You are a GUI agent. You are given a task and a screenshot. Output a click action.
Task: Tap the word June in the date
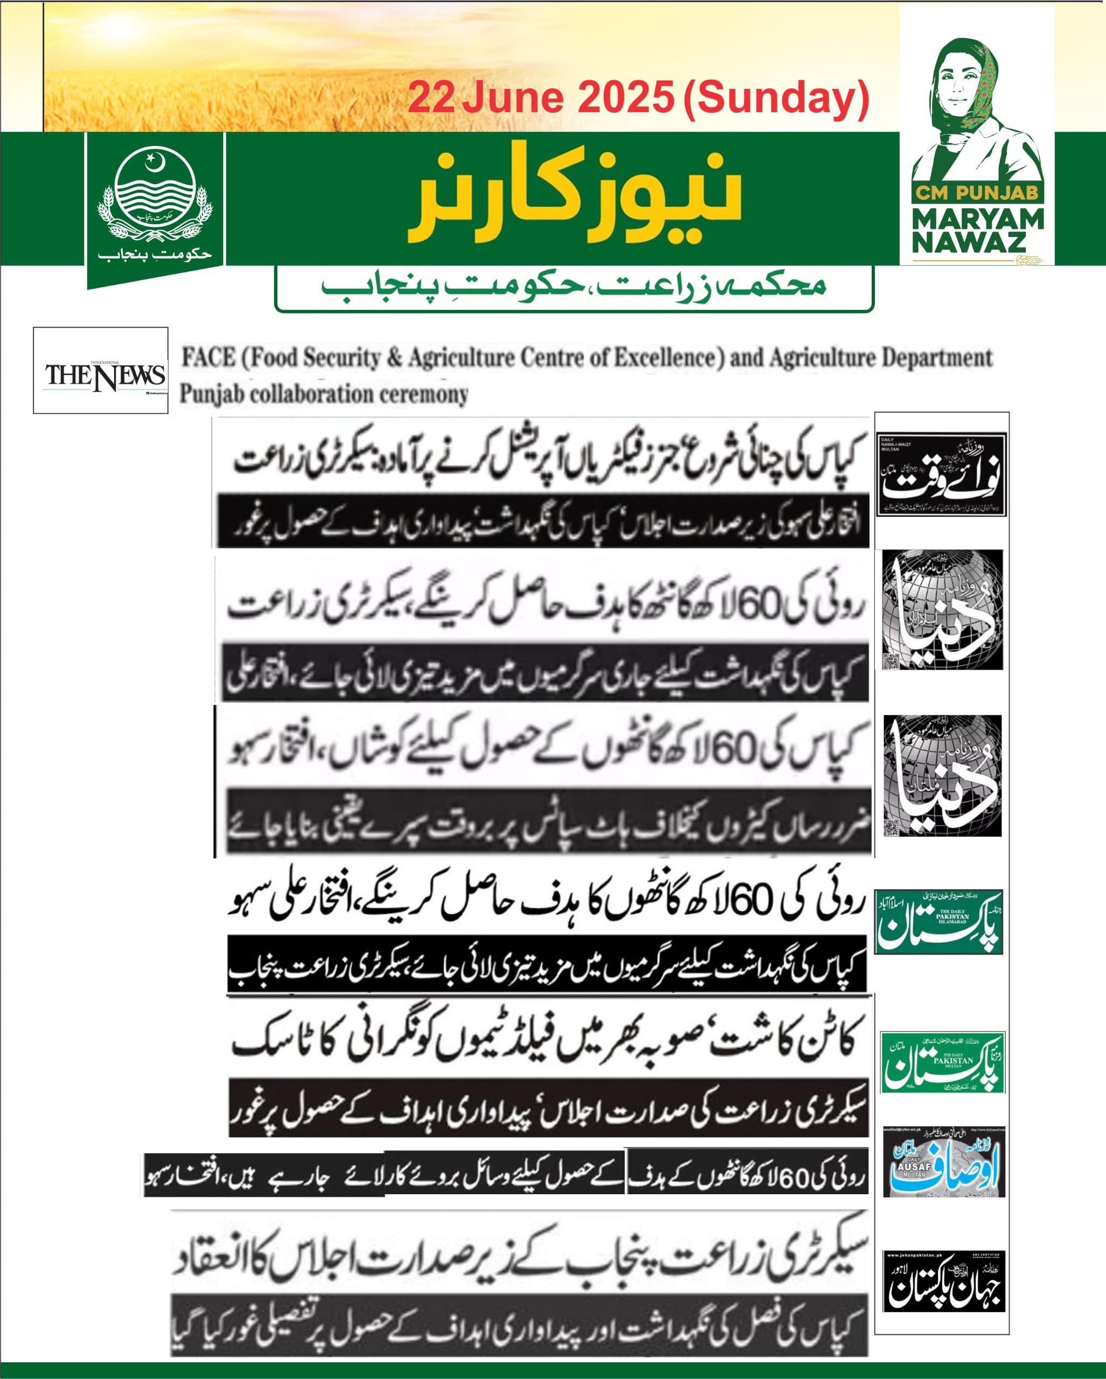(512, 99)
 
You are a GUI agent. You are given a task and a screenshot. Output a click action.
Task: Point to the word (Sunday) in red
(776, 99)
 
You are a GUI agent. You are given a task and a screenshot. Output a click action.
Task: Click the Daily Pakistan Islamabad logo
(938, 922)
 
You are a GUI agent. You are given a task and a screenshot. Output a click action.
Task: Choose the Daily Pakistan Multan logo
(942, 1062)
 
